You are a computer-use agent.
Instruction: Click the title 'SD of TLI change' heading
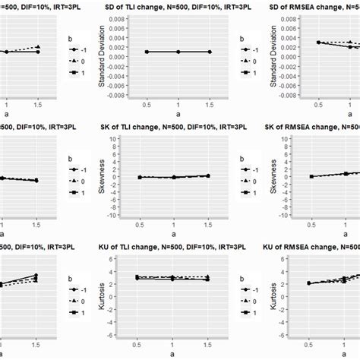click(177, 6)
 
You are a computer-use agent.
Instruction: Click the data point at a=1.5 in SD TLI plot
click(210, 52)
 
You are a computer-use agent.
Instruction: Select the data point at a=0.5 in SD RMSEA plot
click(319, 43)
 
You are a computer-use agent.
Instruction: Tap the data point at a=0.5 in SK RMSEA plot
click(311, 176)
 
